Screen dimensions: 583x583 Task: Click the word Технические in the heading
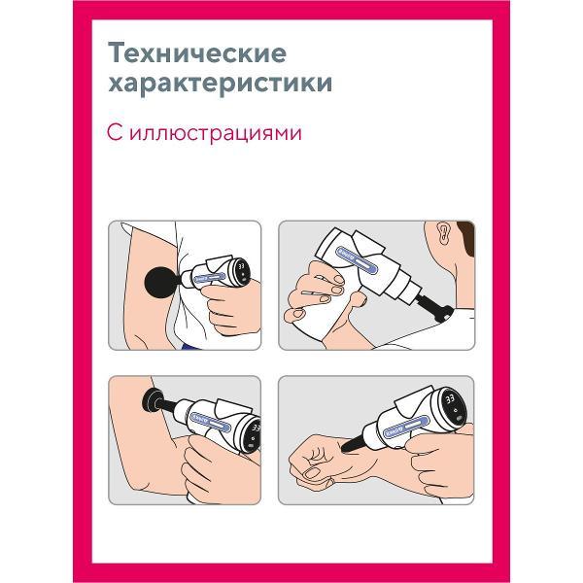pos(197,53)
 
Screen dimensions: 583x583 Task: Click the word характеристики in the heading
pos(221,83)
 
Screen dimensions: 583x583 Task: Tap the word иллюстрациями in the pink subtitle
pos(216,133)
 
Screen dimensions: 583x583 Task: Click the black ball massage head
pos(160,282)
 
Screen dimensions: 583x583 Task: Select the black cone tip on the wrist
pos(352,443)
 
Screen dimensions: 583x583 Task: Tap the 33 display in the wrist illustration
pos(450,399)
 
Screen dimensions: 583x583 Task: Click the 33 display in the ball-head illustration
pos(242,267)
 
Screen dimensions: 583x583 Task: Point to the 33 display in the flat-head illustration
pos(257,428)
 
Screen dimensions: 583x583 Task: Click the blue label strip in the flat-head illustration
pos(208,421)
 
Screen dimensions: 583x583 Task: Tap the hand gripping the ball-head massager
pos(230,308)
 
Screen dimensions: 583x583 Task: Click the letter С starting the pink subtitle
pos(115,133)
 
